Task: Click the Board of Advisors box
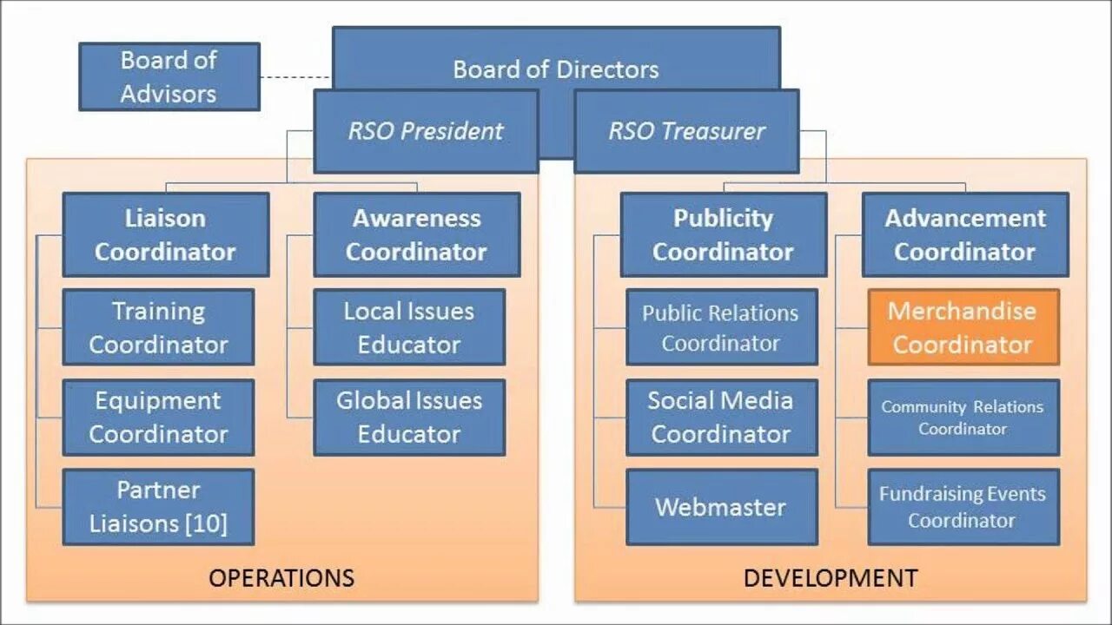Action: coord(169,76)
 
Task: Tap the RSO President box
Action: coord(426,131)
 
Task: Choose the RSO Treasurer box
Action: coord(686,131)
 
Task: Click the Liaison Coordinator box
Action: coord(165,234)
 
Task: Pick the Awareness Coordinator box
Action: coord(417,234)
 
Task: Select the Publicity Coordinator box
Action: coord(723,234)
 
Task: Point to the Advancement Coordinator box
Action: coord(965,234)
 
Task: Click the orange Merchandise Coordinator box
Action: coord(963,327)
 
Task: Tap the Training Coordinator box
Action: coord(158,327)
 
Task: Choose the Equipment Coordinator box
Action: coord(158,418)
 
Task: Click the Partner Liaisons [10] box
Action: coord(158,507)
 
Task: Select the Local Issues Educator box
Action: coord(409,327)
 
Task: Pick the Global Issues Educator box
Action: coord(409,418)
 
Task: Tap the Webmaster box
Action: coord(721,507)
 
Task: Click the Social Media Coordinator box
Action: coord(721,418)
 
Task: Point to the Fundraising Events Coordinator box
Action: coord(963,507)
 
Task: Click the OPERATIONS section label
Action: coord(281,578)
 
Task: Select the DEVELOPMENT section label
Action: coord(831,578)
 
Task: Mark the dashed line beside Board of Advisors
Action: coord(295,77)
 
